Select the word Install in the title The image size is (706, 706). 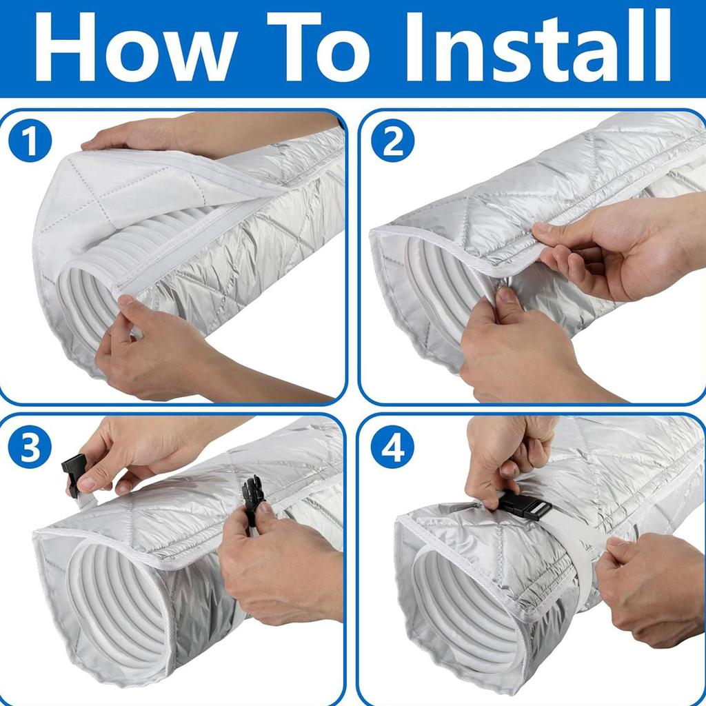(x=538, y=46)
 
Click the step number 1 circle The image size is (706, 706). (x=30, y=141)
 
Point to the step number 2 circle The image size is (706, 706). (x=392, y=141)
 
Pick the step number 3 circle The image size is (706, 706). (x=30, y=447)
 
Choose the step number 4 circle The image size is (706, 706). (x=392, y=447)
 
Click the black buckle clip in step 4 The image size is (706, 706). (x=524, y=505)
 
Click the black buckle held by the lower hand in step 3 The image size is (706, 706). (x=252, y=500)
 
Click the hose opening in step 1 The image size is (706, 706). (x=83, y=302)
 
